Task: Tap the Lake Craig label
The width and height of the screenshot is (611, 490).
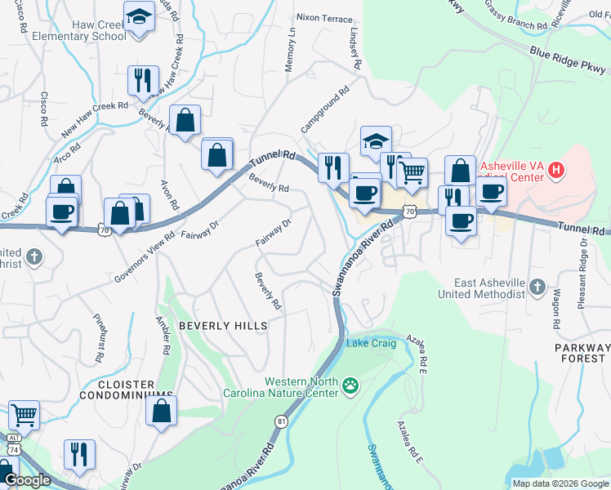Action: click(372, 343)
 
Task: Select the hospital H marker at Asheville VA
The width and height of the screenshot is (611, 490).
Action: click(556, 171)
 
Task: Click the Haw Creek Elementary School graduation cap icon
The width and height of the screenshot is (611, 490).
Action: click(140, 16)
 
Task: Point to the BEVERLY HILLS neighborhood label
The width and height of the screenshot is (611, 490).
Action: click(223, 326)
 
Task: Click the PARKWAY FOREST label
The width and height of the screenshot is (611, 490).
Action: click(581, 353)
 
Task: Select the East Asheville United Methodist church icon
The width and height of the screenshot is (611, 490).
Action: click(537, 287)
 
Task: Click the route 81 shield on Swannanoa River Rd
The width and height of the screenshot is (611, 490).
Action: click(282, 421)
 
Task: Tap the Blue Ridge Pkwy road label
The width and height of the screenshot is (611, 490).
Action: click(566, 60)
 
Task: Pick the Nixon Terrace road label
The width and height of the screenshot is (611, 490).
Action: click(324, 18)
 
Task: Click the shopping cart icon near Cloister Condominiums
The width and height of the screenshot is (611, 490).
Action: click(25, 415)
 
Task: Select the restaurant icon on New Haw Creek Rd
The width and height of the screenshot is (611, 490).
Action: click(143, 81)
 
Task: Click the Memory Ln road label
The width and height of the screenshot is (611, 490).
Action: click(289, 50)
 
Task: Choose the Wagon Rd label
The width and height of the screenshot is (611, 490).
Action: click(555, 308)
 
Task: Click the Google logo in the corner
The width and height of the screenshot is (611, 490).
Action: click(27, 481)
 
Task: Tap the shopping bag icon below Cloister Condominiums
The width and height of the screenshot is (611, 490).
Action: click(161, 411)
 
